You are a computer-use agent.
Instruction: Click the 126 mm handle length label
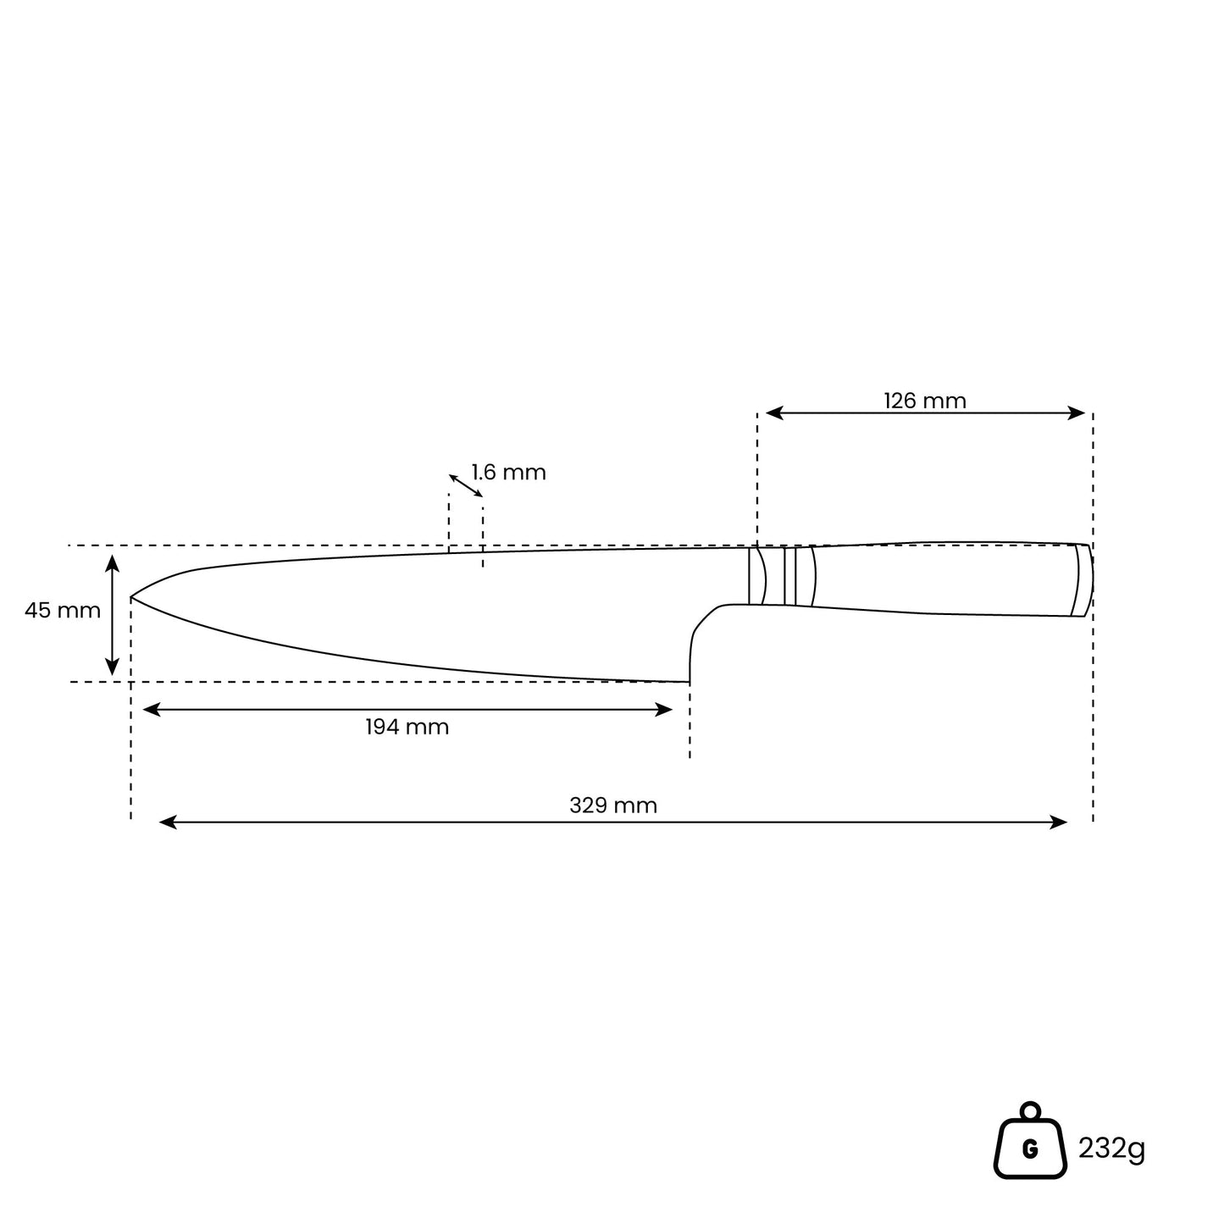(924, 401)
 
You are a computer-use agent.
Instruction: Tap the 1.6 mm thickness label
(508, 473)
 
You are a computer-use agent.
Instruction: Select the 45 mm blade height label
(62, 611)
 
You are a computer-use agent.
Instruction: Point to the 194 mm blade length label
(407, 727)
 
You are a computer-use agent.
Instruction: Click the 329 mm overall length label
(613, 806)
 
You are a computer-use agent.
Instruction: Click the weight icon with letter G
(1030, 1141)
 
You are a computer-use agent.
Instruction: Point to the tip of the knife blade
(130, 597)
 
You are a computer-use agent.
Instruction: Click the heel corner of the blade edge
(690, 682)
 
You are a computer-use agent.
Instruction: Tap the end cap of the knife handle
(1084, 580)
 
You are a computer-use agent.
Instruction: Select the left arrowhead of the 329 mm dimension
(167, 822)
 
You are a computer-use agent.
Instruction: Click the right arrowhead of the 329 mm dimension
(1058, 822)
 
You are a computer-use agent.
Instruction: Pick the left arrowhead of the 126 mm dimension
(774, 413)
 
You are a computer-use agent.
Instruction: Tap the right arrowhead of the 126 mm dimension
(1076, 413)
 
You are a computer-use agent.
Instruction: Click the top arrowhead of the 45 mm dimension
(113, 563)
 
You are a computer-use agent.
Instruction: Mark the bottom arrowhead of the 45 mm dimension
(113, 667)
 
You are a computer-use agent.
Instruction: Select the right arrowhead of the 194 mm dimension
(664, 710)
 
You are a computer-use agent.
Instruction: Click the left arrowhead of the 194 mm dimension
(151, 710)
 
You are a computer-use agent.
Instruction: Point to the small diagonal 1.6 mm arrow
(466, 486)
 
